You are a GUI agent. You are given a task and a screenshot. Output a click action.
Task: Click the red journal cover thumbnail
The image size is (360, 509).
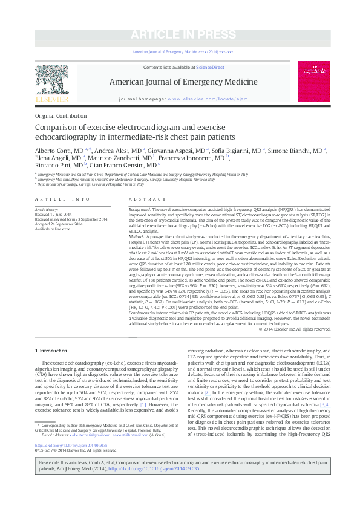[314, 81]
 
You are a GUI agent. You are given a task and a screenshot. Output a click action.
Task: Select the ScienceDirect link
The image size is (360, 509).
[210, 67]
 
